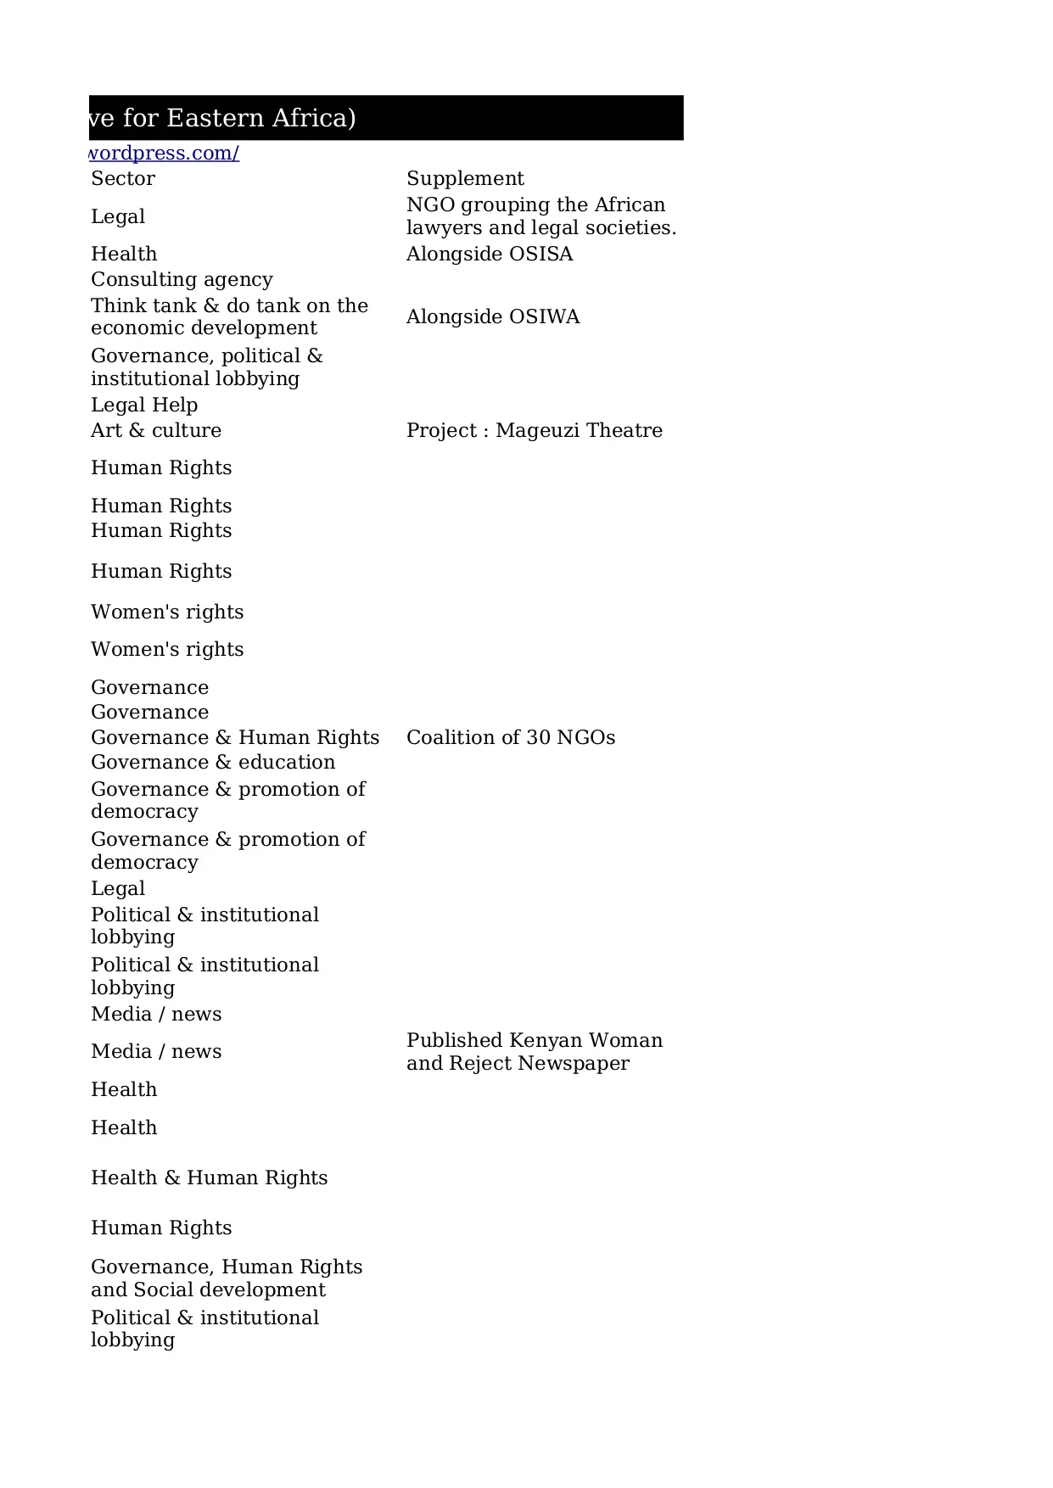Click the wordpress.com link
(x=165, y=154)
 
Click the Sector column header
(x=123, y=178)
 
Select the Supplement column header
(x=465, y=178)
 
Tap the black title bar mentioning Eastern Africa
(x=386, y=118)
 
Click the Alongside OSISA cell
(x=490, y=254)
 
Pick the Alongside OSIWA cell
(x=493, y=316)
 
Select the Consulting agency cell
(x=182, y=279)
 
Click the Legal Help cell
(x=144, y=405)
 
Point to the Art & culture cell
(x=156, y=430)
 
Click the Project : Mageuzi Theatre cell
(x=534, y=430)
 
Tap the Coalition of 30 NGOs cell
(x=511, y=737)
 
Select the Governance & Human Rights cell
(x=235, y=737)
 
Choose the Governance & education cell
(x=213, y=762)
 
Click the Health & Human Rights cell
(x=209, y=1178)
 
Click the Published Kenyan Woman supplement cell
(x=534, y=1052)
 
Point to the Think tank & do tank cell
(x=229, y=316)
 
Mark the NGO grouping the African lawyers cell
(x=541, y=216)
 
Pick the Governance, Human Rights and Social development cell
(x=227, y=1278)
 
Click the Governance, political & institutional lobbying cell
(x=207, y=366)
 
